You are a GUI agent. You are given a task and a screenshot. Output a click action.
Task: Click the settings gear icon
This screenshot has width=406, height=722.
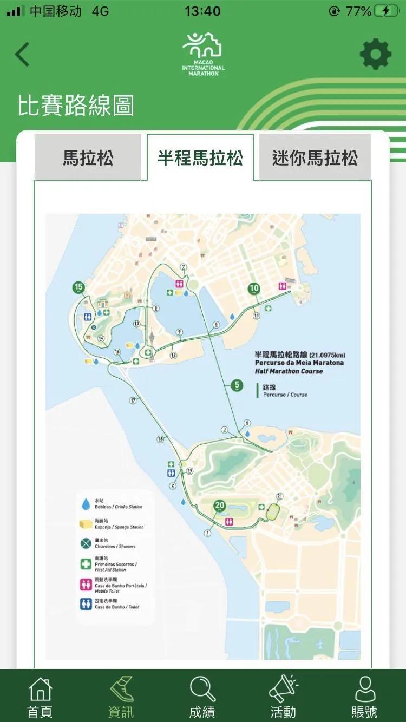375,54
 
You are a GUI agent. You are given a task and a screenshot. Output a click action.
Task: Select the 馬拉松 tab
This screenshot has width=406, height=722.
88,158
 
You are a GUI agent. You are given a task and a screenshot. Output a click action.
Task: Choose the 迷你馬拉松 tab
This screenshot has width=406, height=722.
315,158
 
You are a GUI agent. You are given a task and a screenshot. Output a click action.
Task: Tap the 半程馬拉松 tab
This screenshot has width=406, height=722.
200,158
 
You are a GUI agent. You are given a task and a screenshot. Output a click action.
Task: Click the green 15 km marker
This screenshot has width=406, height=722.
80,287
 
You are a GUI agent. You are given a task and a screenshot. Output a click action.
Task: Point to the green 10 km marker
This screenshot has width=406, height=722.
254,288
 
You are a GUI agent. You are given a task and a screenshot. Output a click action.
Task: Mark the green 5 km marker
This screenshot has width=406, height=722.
237,385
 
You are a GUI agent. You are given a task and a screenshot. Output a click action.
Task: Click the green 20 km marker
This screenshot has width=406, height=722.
219,506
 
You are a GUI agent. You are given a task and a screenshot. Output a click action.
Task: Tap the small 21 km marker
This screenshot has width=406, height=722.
279,496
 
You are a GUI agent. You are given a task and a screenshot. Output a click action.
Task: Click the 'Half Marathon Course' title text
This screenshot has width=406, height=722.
289,371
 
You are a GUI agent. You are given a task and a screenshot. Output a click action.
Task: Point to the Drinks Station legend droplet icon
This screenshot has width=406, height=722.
86,504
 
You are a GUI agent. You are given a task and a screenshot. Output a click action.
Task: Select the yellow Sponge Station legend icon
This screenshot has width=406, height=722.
86,524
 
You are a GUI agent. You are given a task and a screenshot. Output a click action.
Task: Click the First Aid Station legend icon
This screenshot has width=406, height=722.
86,564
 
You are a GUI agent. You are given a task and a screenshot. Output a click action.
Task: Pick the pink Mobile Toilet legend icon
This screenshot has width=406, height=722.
86,585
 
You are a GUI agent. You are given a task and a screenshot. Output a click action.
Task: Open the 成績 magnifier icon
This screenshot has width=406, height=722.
202,690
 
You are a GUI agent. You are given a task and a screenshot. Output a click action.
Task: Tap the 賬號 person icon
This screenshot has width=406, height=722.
364,690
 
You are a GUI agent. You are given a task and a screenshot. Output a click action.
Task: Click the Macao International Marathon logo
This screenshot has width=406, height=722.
203,54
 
